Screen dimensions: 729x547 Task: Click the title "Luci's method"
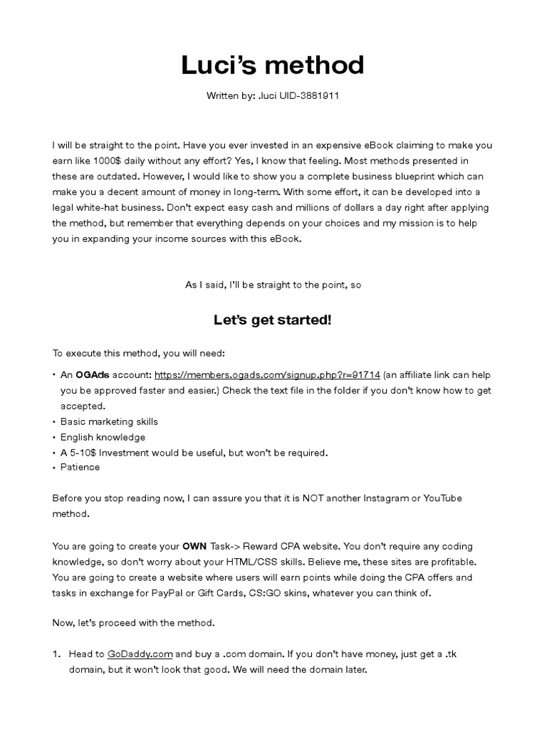[273, 65]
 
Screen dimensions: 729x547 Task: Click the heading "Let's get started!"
[273, 320]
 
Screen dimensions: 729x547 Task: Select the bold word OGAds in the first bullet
[91, 374]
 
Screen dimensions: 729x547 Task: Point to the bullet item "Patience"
[80, 467]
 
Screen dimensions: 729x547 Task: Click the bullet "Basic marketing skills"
[109, 421]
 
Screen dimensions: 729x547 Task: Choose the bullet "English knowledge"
[103, 437]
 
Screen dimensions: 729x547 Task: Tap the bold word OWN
[194, 547]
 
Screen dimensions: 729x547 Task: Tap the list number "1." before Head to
[57, 654]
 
